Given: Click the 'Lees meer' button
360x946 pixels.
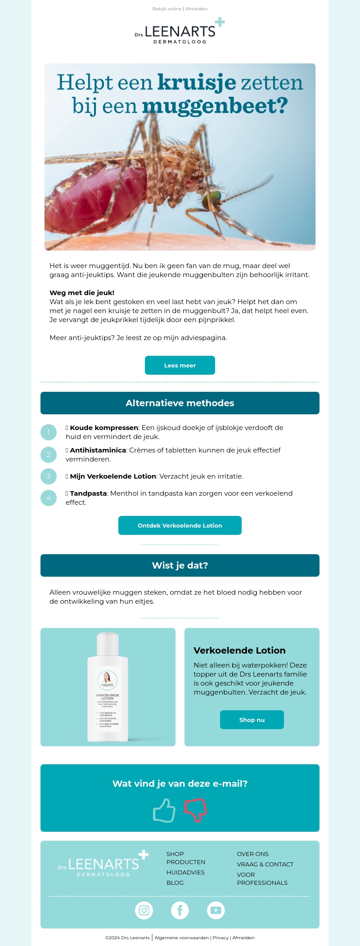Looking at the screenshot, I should [180, 365].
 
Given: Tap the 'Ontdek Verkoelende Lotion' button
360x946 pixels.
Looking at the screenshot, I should [180, 525].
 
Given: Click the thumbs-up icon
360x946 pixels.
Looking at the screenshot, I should [164, 811].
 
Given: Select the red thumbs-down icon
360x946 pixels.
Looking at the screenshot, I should [195, 810].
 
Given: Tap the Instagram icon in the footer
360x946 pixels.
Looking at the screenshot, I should [144, 910].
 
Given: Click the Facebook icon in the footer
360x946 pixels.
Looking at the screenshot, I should [180, 910].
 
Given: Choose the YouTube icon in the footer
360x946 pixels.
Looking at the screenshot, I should [216, 910].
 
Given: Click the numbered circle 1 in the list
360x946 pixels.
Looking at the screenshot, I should [49, 432].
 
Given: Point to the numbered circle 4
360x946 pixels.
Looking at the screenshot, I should [49, 498].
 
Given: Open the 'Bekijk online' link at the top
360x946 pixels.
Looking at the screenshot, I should [166, 9].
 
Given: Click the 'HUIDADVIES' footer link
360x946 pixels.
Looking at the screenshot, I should [185, 872].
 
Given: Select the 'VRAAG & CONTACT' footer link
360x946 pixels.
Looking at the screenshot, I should [265, 864].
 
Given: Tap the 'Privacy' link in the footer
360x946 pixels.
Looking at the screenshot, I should [220, 938].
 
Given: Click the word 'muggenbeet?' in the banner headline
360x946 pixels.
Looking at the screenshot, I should [215, 106].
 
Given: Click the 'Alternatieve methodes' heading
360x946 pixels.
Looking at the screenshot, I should [180, 403].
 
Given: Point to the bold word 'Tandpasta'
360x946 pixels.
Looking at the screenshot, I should [88, 493].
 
